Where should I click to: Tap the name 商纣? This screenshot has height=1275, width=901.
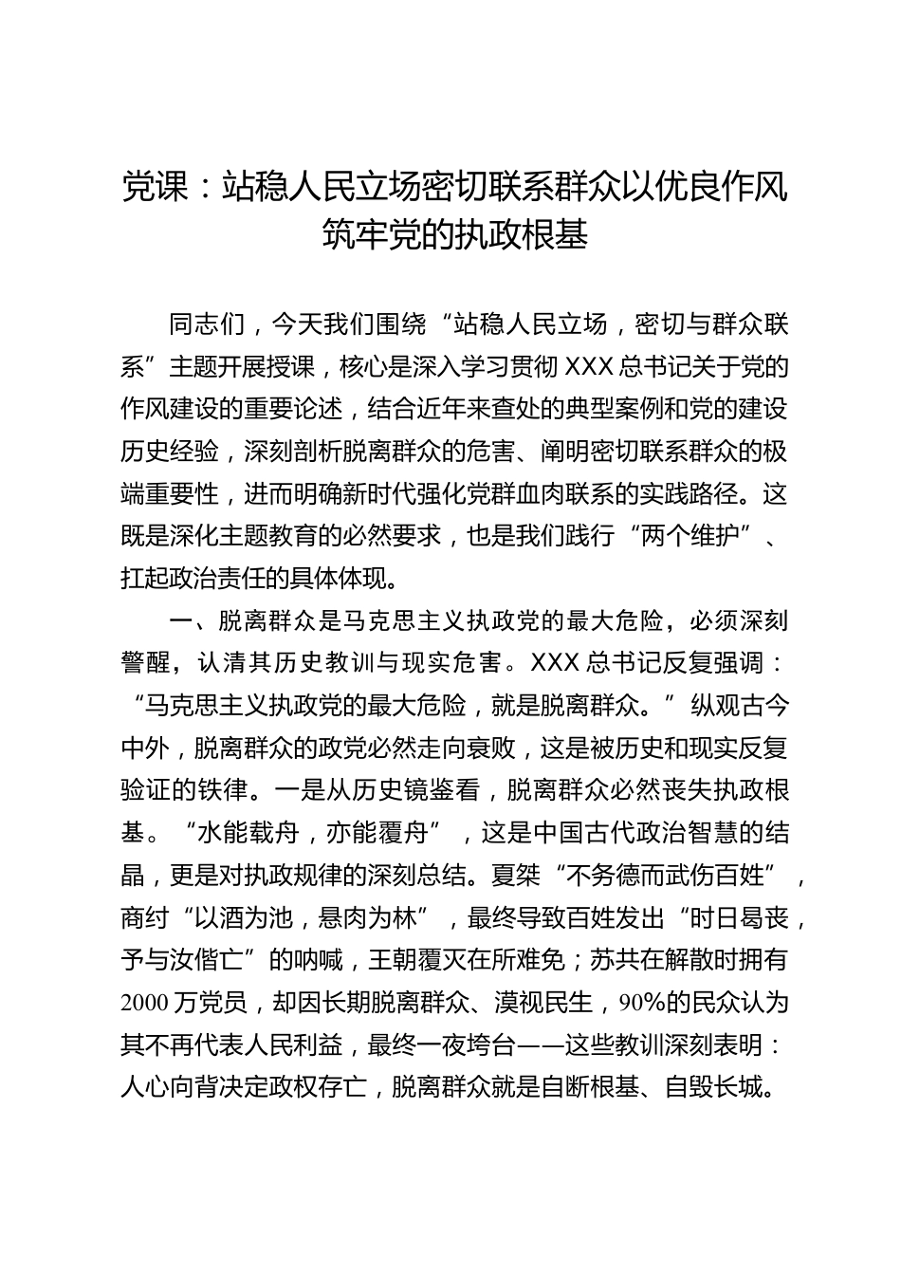pos(145,917)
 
